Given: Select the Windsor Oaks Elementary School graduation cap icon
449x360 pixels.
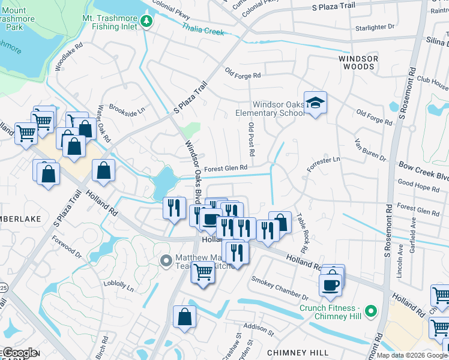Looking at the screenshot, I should click(x=315, y=103).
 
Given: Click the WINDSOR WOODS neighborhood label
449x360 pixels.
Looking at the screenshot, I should click(x=360, y=63).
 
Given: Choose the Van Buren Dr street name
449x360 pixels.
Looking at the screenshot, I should click(x=370, y=149).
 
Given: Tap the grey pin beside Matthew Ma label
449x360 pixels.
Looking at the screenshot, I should click(x=167, y=261).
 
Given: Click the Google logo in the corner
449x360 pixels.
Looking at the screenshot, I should click(x=20, y=353).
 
